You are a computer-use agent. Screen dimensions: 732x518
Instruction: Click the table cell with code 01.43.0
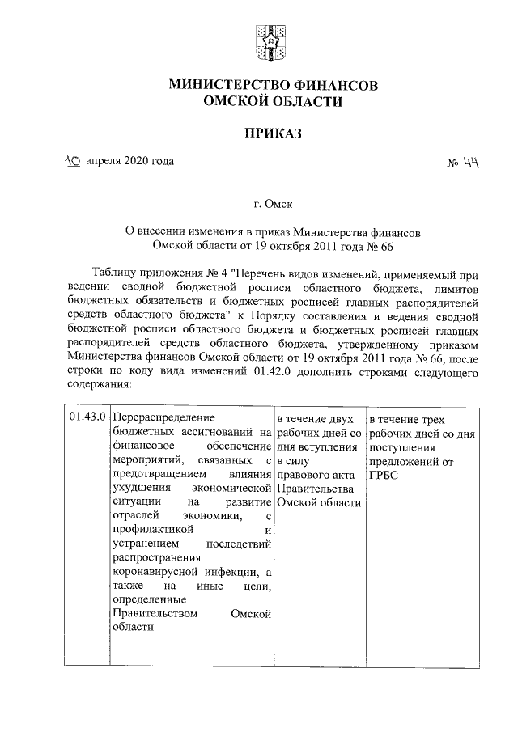86,417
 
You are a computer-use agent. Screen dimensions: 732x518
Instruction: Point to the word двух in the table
340,418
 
